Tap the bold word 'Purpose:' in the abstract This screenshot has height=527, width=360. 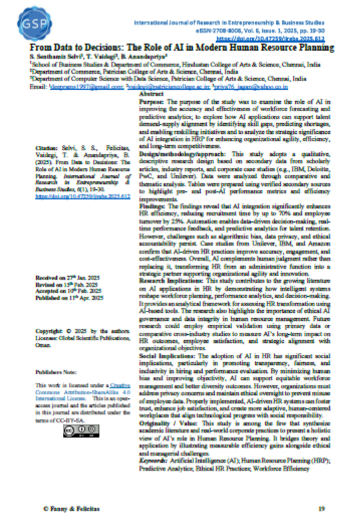pyautogui.click(x=151, y=101)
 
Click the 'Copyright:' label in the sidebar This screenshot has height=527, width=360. pyautogui.click(x=49, y=331)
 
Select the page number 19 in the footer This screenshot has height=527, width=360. pyautogui.click(x=321, y=509)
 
